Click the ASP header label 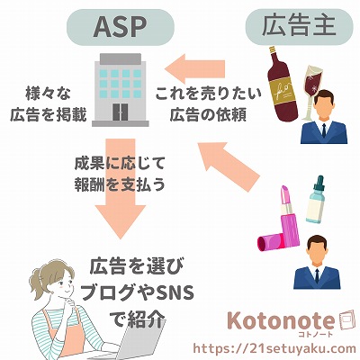[120, 27]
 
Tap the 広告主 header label [299, 27]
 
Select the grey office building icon [121, 90]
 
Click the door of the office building [120, 112]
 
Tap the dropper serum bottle [317, 200]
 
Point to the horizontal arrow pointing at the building [194, 69]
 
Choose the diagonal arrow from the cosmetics [227, 165]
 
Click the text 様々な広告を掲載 [49, 104]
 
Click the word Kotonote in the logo [281, 321]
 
